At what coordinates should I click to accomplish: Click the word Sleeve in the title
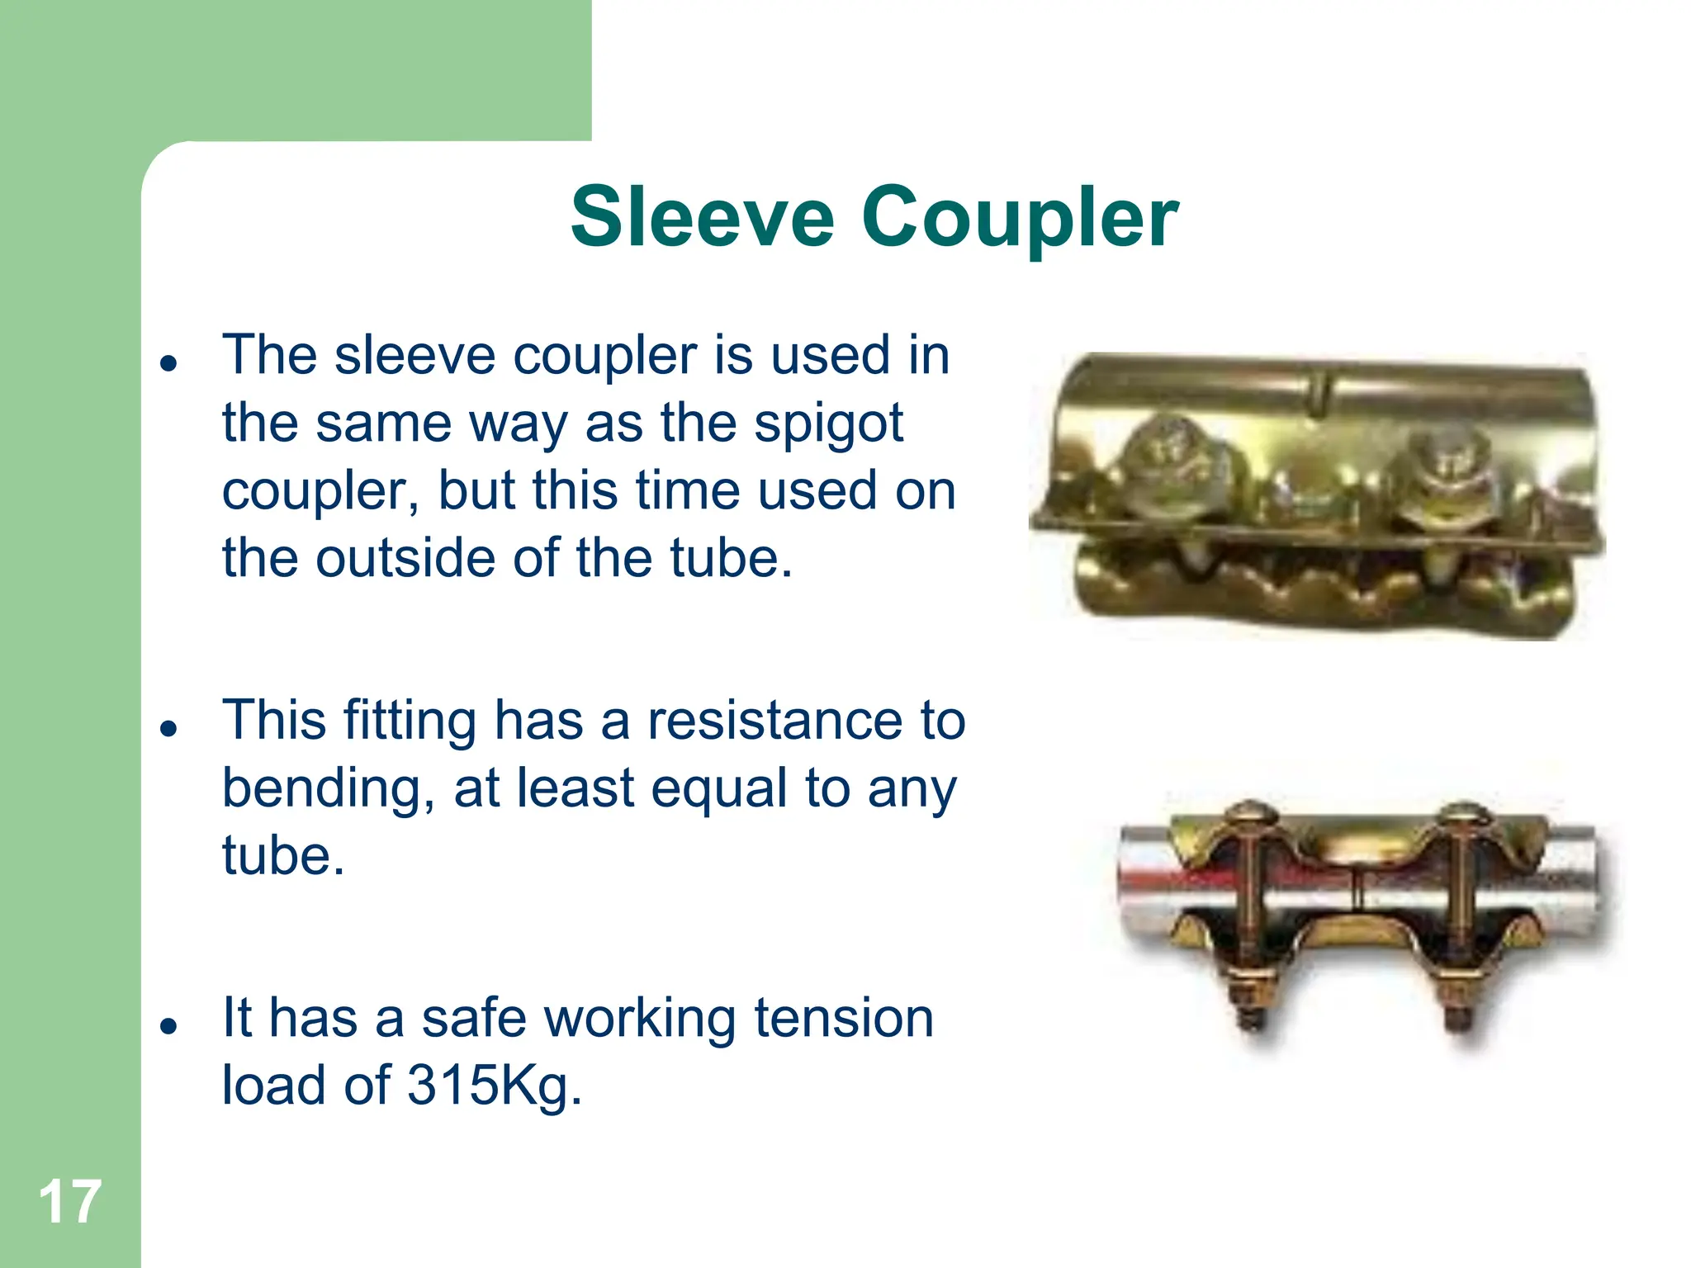(x=703, y=217)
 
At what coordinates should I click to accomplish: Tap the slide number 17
(x=70, y=1202)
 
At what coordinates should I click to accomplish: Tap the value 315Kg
(x=494, y=1085)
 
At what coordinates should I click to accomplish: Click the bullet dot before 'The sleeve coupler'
(x=169, y=362)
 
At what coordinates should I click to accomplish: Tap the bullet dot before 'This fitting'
(x=169, y=728)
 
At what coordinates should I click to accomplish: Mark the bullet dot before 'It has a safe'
(x=169, y=1025)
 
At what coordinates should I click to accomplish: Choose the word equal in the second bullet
(x=718, y=788)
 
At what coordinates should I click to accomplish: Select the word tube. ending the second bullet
(x=283, y=855)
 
